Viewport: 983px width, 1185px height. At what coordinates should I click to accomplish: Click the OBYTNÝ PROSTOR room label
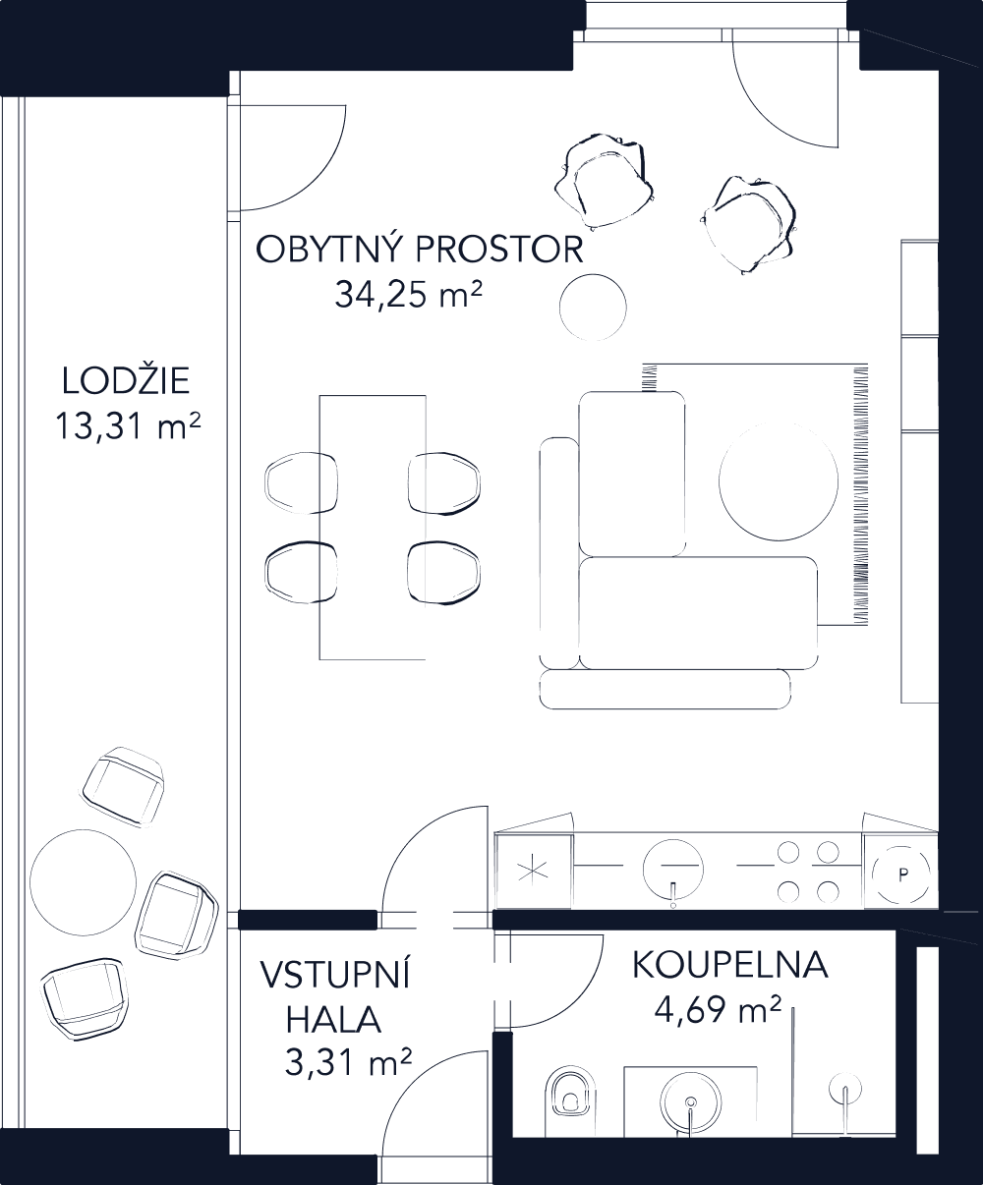pyautogui.click(x=420, y=250)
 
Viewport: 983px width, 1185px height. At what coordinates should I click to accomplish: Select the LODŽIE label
pyautogui.click(x=126, y=381)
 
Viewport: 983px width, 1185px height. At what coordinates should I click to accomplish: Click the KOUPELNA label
pyautogui.click(x=729, y=966)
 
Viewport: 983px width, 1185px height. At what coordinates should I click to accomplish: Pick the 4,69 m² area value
pyautogui.click(x=718, y=1009)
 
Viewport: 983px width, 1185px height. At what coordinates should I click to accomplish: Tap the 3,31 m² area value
pyautogui.click(x=348, y=1063)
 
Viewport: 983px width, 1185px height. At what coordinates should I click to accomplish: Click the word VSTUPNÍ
pyautogui.click(x=335, y=976)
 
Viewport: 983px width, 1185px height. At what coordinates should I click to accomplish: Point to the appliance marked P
pyautogui.click(x=901, y=873)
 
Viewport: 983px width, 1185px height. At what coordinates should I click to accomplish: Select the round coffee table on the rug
pyautogui.click(x=778, y=480)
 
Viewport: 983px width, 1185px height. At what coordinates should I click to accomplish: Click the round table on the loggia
pyautogui.click(x=84, y=883)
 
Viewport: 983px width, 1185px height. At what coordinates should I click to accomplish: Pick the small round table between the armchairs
pyautogui.click(x=593, y=309)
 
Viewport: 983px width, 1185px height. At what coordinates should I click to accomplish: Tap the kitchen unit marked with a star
pyautogui.click(x=533, y=871)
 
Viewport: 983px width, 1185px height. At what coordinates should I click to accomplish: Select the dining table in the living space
pyautogui.click(x=373, y=527)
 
